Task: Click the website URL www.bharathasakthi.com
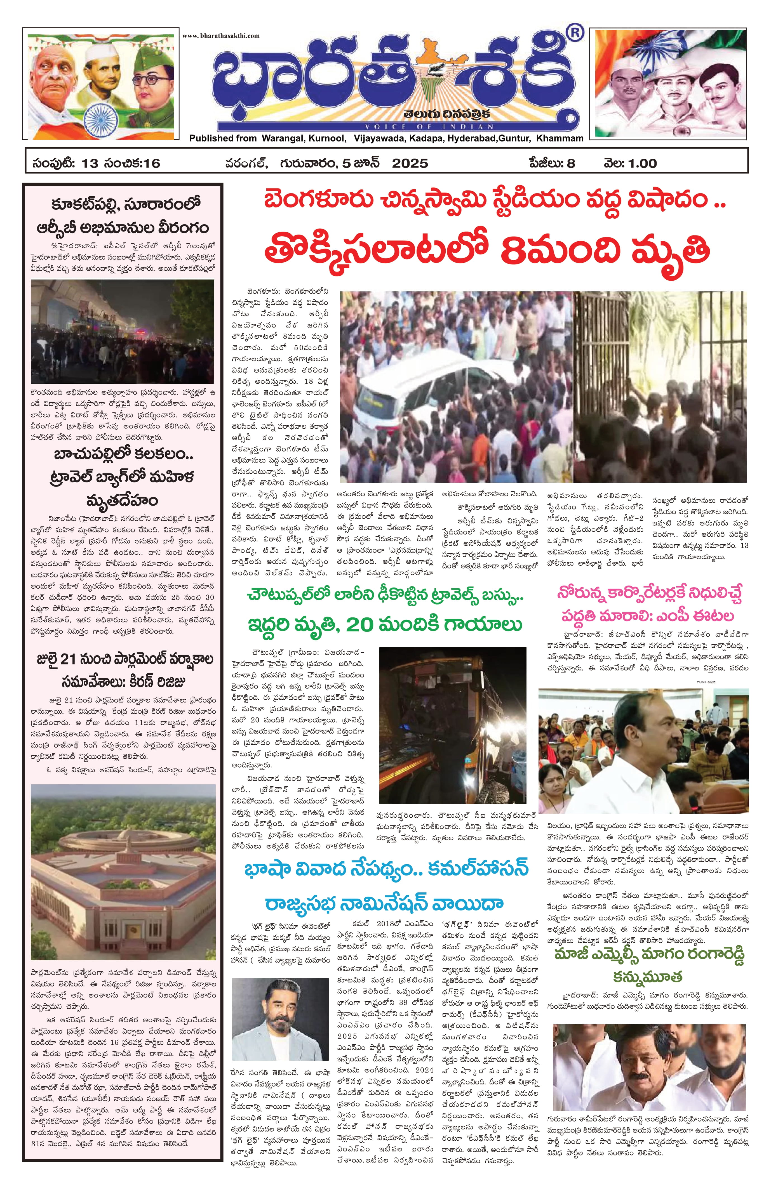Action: tap(221, 36)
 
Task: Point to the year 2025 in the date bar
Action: tap(410, 163)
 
